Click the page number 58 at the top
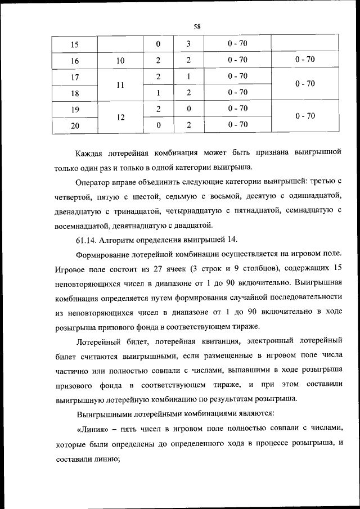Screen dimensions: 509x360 [197, 26]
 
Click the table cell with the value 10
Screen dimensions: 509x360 [120, 60]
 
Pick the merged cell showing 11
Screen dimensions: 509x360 [120, 84]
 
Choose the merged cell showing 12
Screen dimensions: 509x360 [120, 118]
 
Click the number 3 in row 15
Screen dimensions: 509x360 [189, 44]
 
